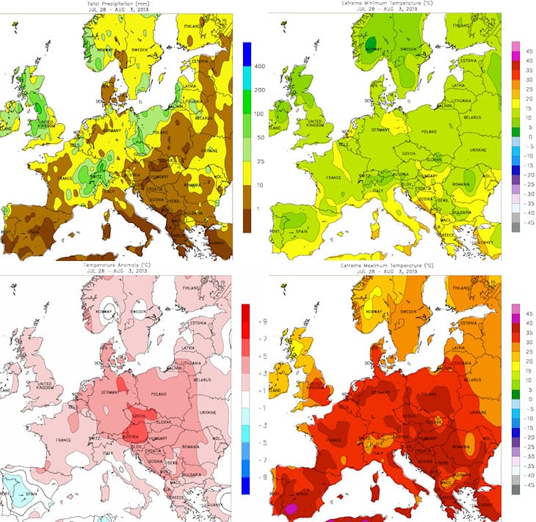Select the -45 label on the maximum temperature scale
526,505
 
